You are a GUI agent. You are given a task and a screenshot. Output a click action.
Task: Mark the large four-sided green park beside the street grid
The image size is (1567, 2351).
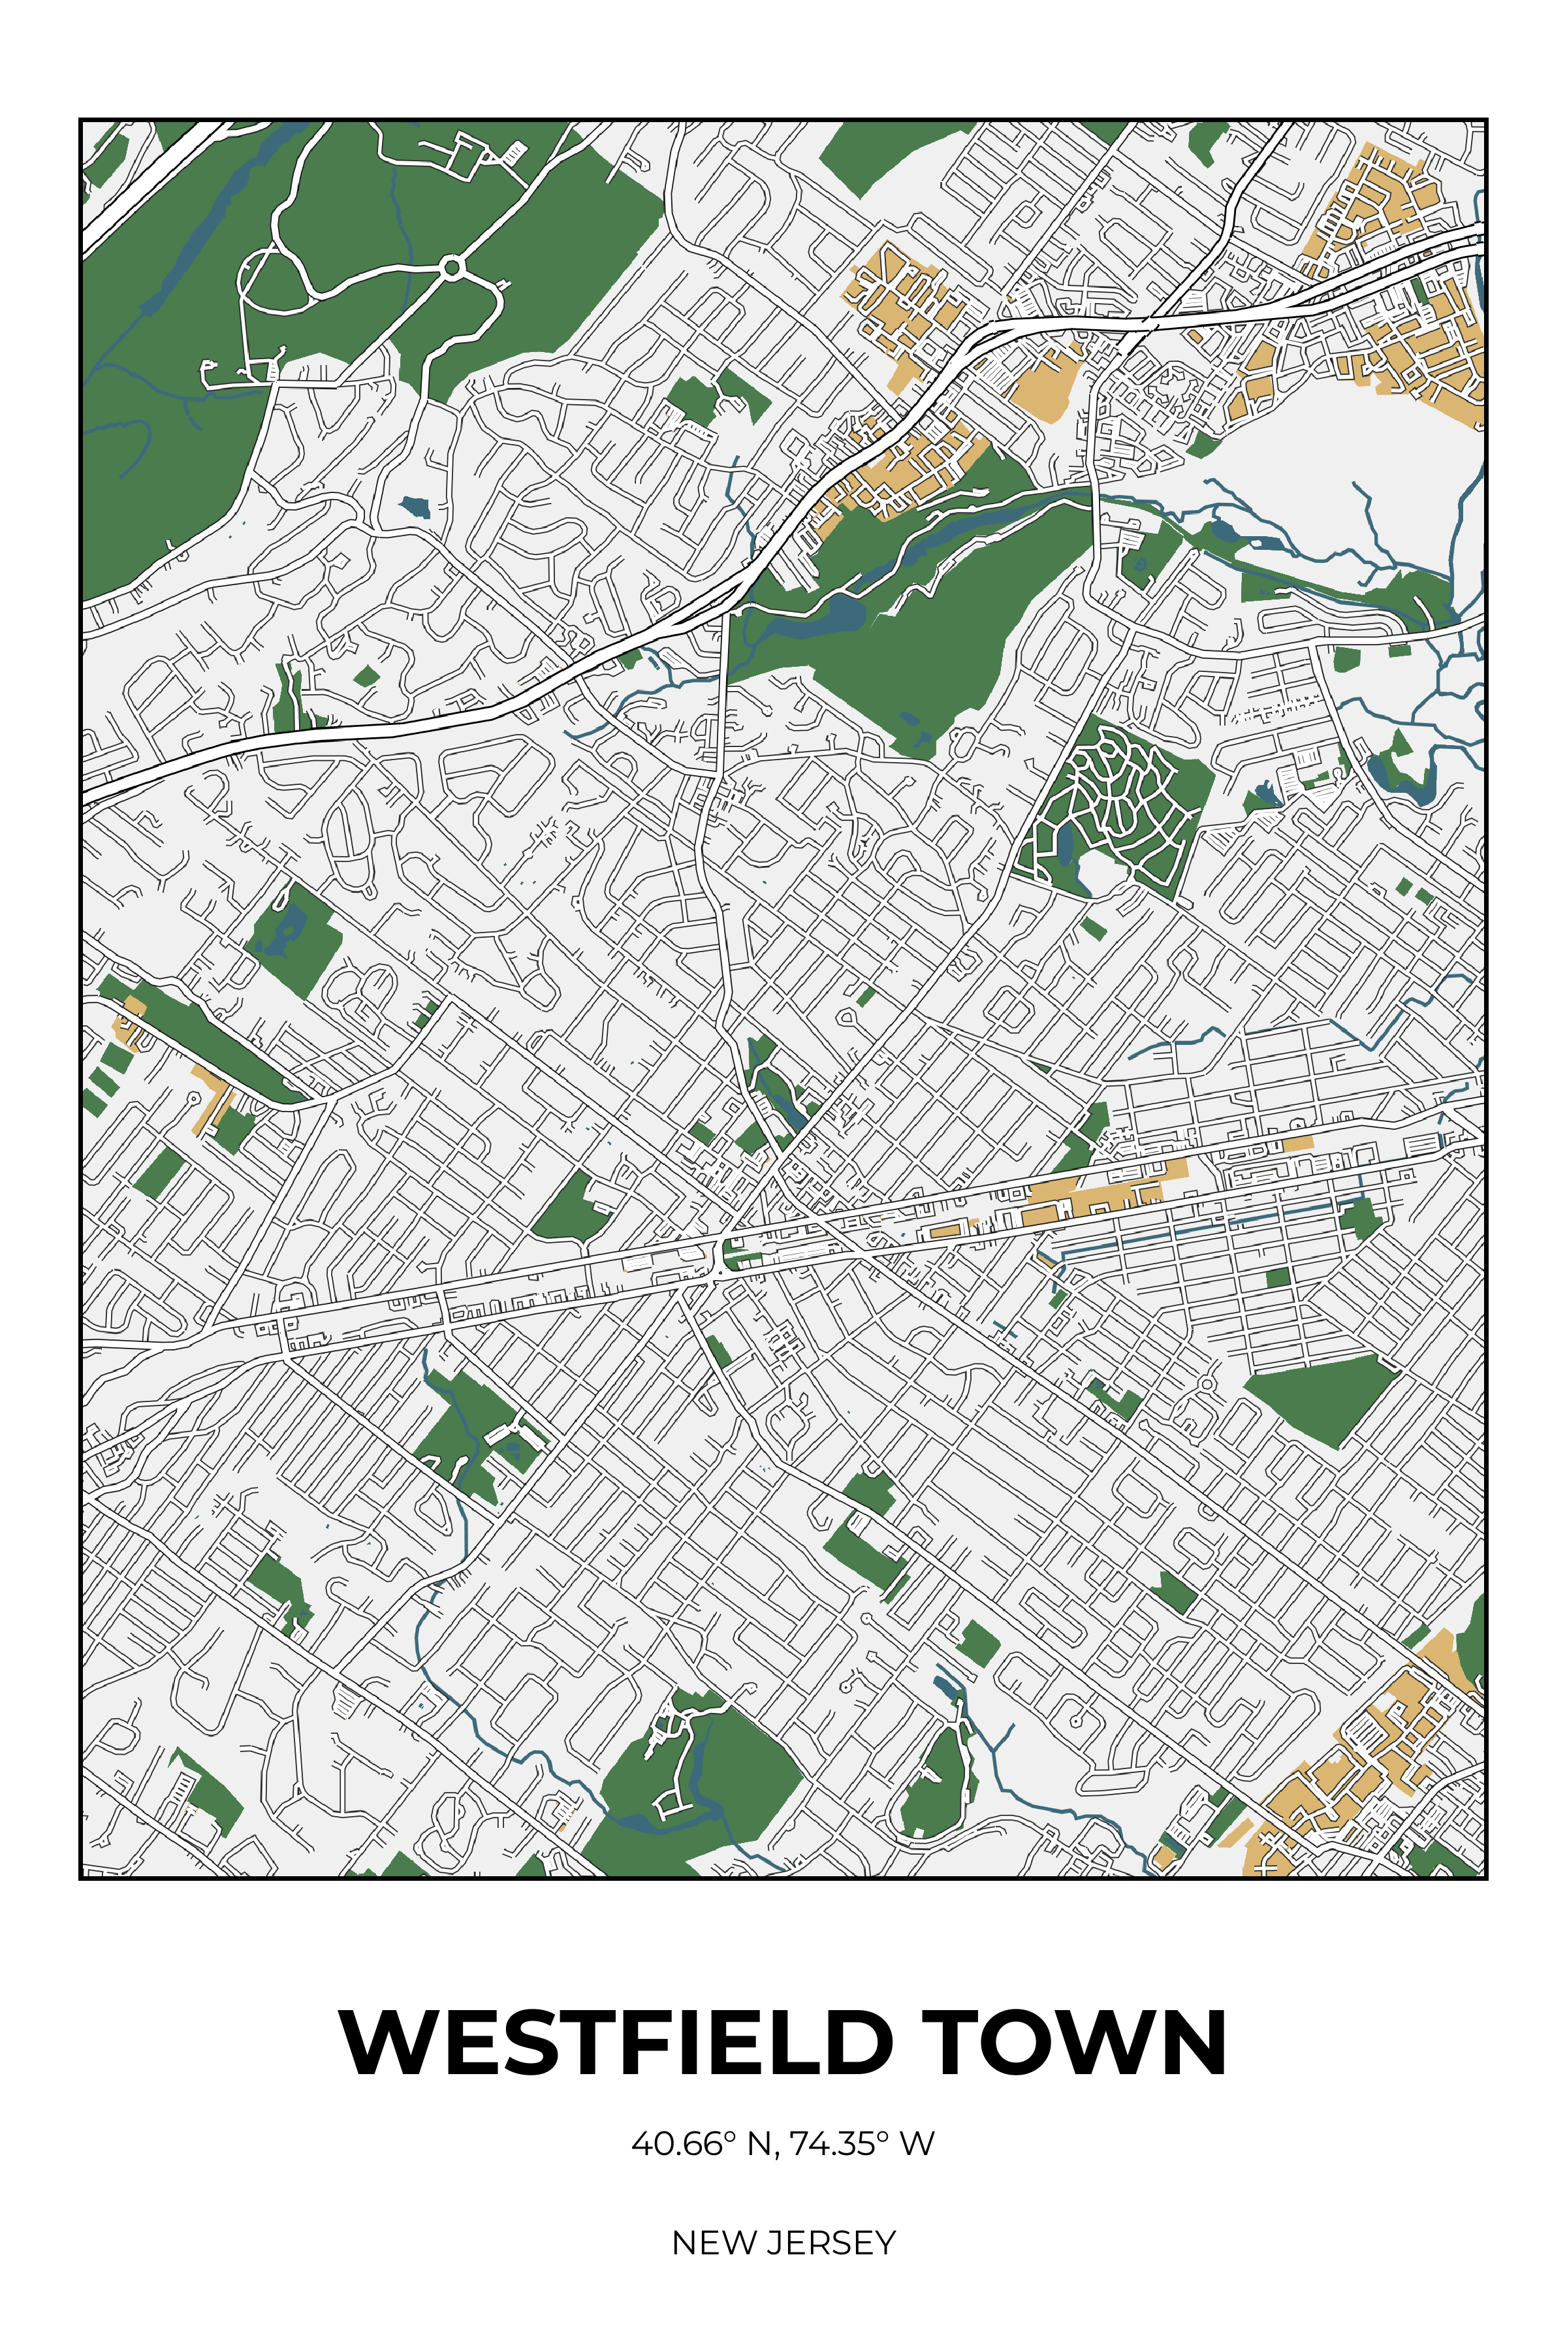[1321, 1398]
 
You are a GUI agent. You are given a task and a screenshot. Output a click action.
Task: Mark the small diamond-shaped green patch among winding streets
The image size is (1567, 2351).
[367, 677]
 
